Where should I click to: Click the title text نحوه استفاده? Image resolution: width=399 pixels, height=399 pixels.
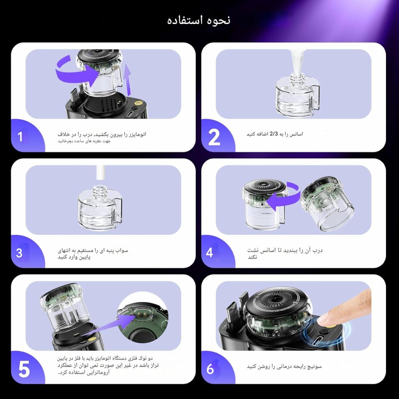(199, 20)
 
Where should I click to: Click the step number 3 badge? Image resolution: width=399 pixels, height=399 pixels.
(19, 253)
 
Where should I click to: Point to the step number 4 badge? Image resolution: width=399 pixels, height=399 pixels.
(209, 253)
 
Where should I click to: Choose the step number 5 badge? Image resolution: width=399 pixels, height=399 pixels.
(24, 369)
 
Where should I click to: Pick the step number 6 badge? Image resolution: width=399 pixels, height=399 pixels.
(210, 369)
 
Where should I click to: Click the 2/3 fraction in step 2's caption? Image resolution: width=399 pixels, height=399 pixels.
(273, 134)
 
